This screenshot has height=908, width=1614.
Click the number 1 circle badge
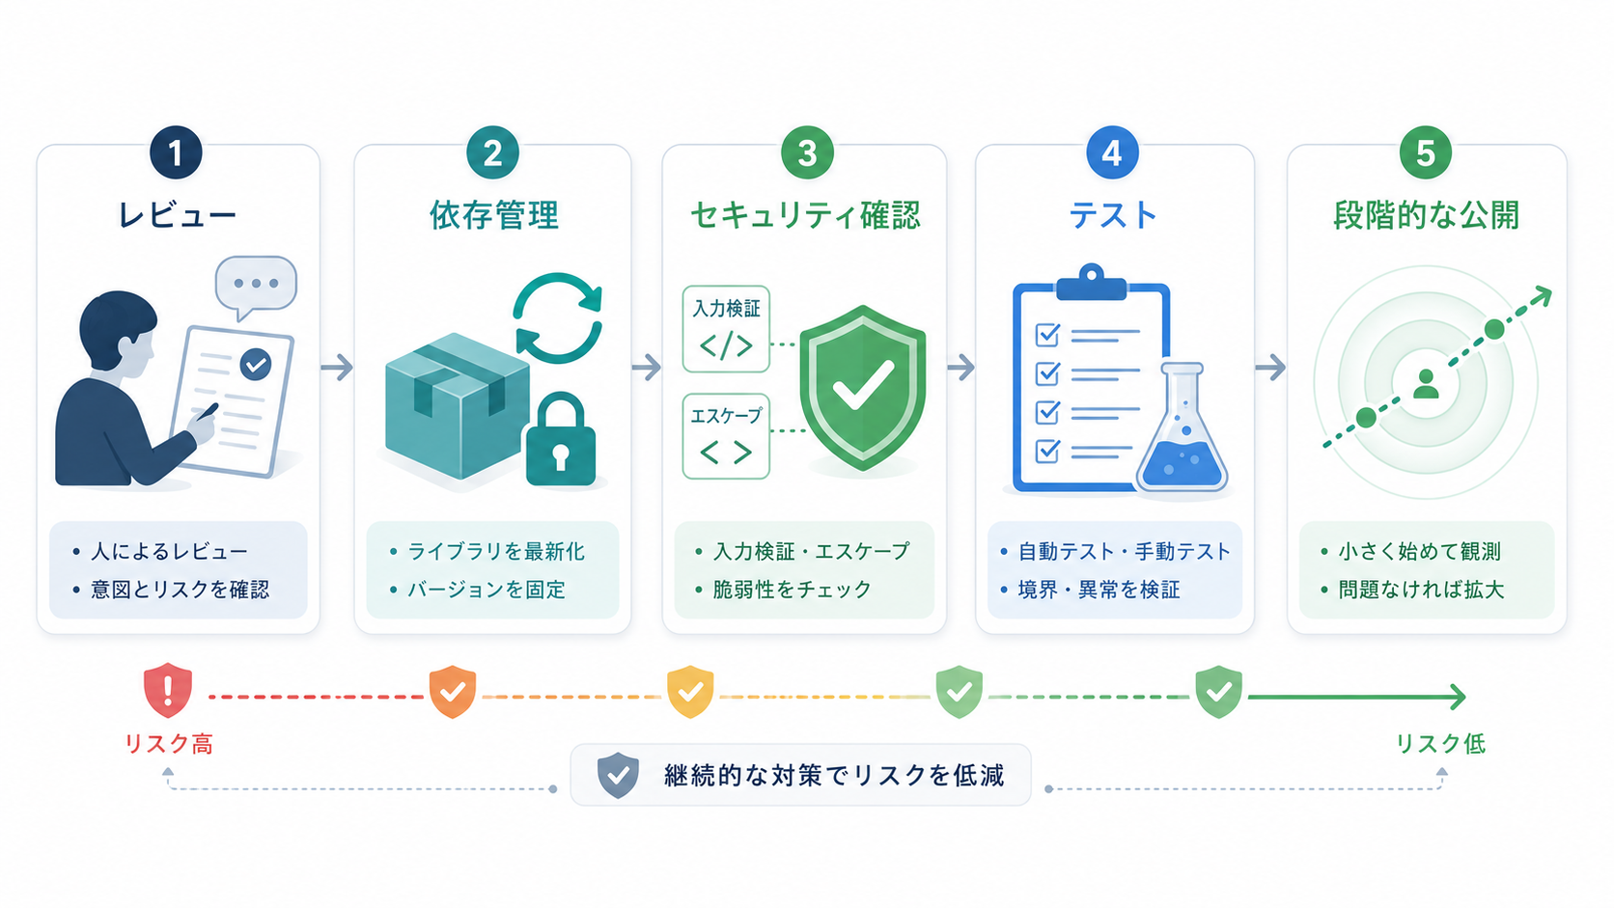[x=176, y=152]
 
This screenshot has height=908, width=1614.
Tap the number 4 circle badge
[x=1112, y=152]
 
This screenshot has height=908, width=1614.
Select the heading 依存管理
[x=494, y=214]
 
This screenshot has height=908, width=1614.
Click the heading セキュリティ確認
[x=805, y=214]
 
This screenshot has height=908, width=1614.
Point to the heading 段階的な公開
[x=1426, y=214]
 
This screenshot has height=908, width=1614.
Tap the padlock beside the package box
[x=561, y=439]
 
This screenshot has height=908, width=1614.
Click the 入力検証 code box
[x=726, y=329]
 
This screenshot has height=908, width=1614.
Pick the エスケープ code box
[x=726, y=436]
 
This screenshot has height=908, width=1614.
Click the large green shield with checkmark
[x=863, y=388]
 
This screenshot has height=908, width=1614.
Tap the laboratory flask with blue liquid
[x=1182, y=427]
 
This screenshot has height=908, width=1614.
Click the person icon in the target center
[x=1425, y=384]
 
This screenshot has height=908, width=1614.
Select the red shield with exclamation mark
[x=168, y=690]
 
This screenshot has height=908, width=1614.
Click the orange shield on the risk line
[x=453, y=692]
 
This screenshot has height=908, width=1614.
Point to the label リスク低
[x=1440, y=743]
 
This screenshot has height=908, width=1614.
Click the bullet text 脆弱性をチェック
[x=792, y=590]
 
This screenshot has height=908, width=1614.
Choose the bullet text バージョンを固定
[x=487, y=590]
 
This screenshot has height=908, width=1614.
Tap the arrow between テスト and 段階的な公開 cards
[x=1270, y=368]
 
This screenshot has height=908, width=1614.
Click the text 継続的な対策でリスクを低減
[x=834, y=776]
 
